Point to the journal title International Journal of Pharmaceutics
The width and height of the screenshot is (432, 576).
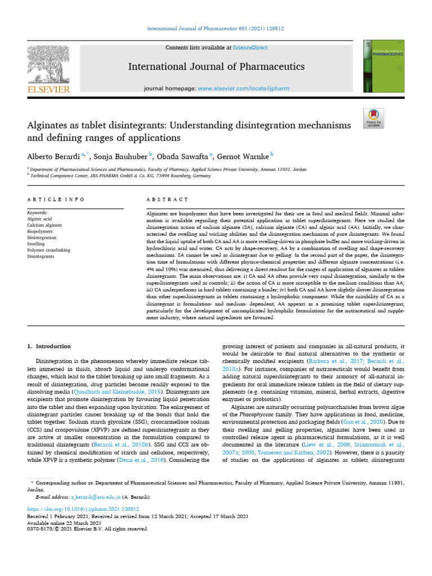217,67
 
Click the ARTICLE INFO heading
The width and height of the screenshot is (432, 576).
56,200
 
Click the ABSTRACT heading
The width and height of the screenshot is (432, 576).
167,200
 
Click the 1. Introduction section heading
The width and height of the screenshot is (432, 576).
49,346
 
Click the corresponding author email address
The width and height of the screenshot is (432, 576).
94,497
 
